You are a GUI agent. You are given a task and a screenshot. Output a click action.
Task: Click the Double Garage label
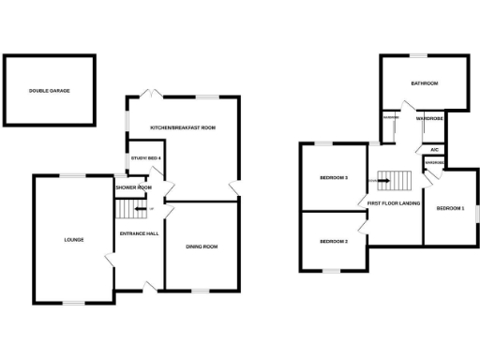click(49, 91)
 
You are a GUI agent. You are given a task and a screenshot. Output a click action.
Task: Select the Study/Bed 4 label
click(146, 157)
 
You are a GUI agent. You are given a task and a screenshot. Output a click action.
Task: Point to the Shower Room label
click(134, 187)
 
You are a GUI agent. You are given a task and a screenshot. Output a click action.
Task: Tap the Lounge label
click(74, 239)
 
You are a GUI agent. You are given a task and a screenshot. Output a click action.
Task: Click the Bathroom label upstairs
click(425, 83)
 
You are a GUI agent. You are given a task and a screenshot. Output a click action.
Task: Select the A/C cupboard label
click(434, 149)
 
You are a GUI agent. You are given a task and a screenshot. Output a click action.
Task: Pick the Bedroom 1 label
click(451, 208)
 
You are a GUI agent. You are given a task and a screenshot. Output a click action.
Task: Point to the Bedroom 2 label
click(334, 242)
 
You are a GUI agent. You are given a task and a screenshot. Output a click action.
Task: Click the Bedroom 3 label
click(334, 177)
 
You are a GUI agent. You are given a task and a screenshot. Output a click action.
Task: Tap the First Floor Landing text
click(394, 202)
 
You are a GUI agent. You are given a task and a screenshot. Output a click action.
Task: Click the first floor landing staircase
click(392, 178)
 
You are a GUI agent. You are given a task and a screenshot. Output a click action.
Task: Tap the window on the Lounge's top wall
click(73, 174)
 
